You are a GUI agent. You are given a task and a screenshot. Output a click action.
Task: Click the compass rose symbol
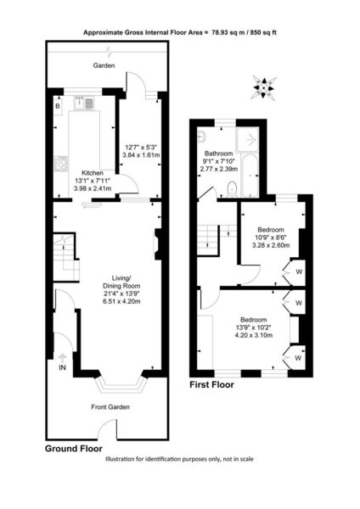(x=264, y=87)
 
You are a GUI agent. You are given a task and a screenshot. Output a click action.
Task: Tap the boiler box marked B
(x=58, y=106)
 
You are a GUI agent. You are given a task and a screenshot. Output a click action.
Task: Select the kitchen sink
(x=84, y=103)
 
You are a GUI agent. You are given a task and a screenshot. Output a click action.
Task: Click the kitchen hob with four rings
(x=61, y=163)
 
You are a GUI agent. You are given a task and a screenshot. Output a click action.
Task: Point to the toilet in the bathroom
(x=232, y=189)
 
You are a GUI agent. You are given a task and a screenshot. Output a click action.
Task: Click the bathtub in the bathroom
(x=250, y=176)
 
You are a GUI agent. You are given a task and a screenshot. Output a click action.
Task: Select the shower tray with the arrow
(x=248, y=140)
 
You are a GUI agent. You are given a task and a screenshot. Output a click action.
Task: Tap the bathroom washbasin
(x=201, y=137)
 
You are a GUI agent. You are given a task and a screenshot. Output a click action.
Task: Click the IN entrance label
(x=62, y=368)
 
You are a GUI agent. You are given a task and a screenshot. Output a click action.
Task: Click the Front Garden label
(x=110, y=406)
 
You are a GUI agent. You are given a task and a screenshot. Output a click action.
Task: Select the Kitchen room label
(x=93, y=173)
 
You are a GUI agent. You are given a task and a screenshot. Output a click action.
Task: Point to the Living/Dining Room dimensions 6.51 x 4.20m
(x=121, y=301)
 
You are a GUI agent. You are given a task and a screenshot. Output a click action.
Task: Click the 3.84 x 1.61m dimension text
(x=141, y=155)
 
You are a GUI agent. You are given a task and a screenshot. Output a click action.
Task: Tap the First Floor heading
(x=211, y=384)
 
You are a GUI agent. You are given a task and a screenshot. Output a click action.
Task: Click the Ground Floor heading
(x=73, y=449)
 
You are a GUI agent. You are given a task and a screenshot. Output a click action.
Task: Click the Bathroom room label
(x=219, y=154)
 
